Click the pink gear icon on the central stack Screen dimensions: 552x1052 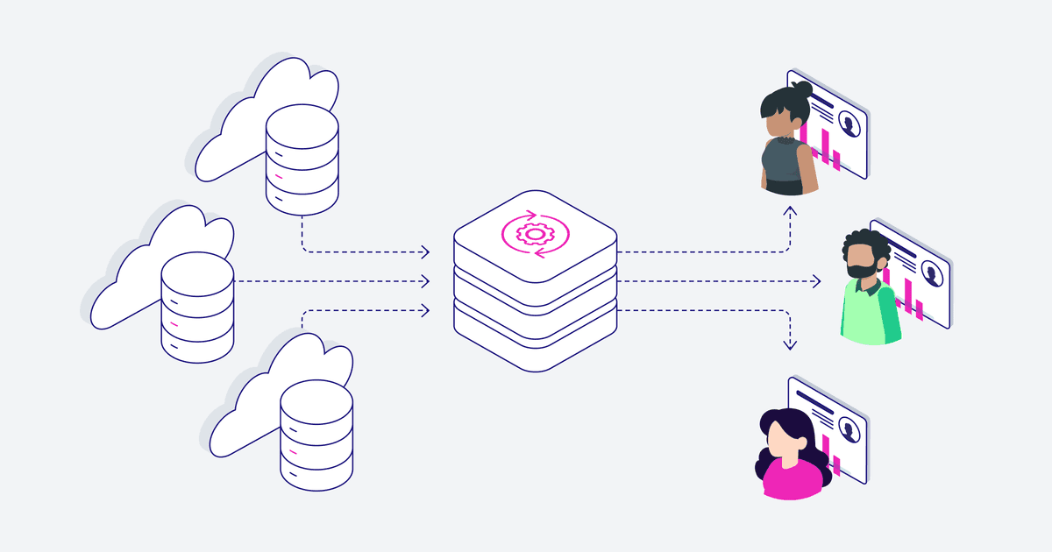tap(535, 233)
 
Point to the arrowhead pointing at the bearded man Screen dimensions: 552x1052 tap(816, 281)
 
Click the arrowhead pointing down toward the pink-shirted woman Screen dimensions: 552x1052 tap(790, 345)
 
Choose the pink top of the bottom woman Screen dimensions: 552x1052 tap(793, 477)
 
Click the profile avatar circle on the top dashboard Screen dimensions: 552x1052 tap(849, 125)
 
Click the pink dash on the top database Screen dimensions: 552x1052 tap(279, 177)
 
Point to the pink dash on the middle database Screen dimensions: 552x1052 tap(174, 324)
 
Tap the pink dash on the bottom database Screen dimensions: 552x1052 tap(293, 451)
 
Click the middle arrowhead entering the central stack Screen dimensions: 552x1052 tap(426, 281)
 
